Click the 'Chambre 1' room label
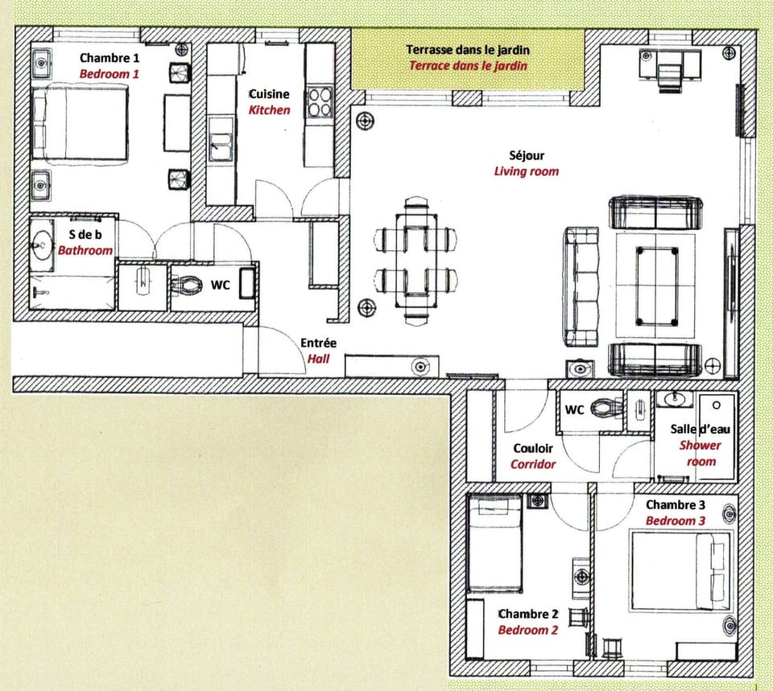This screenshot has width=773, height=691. click(109, 58)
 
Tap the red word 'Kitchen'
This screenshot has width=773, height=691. click(269, 109)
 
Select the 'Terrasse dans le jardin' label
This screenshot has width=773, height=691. click(468, 50)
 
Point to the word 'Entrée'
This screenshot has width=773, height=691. click(318, 343)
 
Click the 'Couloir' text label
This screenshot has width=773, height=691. click(532, 449)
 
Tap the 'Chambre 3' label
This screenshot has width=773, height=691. click(675, 505)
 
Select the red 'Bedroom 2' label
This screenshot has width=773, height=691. click(527, 630)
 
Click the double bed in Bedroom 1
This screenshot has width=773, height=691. click(80, 125)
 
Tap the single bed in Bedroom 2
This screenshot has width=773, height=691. click(495, 543)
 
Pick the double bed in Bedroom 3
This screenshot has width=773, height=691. click(680, 570)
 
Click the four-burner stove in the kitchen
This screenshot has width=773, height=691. click(320, 102)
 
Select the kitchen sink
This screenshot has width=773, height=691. click(219, 147)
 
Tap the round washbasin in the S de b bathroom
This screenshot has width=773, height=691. click(42, 244)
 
